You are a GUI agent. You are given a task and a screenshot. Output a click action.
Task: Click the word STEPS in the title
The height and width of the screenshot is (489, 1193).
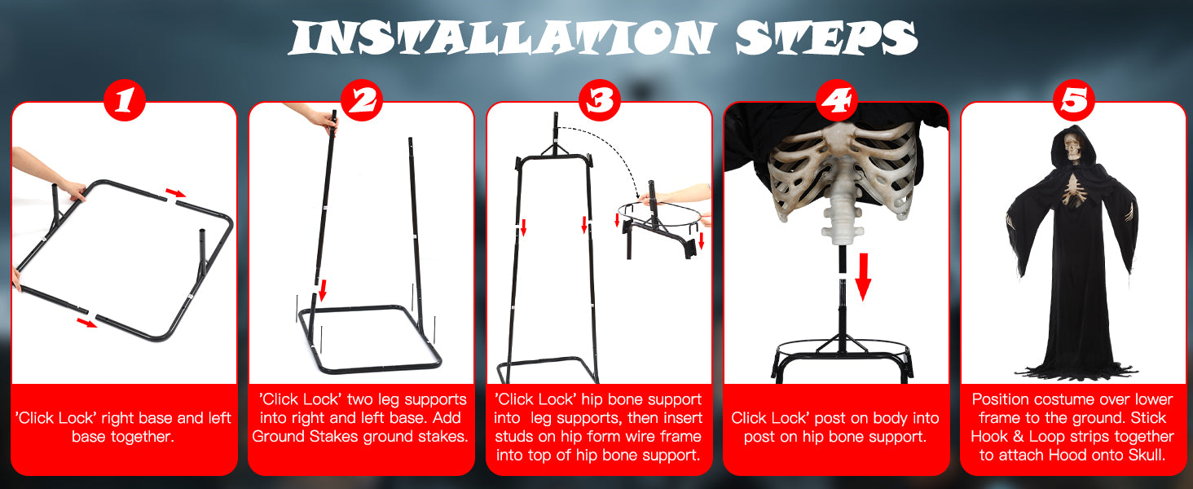(x=826, y=37)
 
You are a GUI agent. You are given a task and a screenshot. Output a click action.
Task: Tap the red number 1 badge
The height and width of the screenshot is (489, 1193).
(x=125, y=100)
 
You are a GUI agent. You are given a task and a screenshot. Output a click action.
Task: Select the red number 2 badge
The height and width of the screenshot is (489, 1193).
(x=362, y=100)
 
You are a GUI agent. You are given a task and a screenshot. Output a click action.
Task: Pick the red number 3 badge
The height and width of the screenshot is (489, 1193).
(x=600, y=100)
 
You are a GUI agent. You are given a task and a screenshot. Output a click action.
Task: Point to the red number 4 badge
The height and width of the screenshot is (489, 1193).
(x=837, y=100)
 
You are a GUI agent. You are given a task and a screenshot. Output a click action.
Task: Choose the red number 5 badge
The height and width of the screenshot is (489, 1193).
(x=1074, y=100)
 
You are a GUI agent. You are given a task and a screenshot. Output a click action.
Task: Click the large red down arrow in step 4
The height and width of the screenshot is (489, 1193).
(x=863, y=276)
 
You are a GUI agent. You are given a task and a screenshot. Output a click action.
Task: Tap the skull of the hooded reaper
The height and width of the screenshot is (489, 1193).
(x=1072, y=147)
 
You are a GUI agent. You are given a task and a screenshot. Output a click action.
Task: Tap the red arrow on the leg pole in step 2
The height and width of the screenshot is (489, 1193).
(x=322, y=290)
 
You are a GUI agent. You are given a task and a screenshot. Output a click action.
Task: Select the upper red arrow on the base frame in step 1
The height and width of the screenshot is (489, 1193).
(x=176, y=193)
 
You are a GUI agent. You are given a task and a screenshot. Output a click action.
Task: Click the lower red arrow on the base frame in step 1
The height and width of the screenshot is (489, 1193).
(x=87, y=323)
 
